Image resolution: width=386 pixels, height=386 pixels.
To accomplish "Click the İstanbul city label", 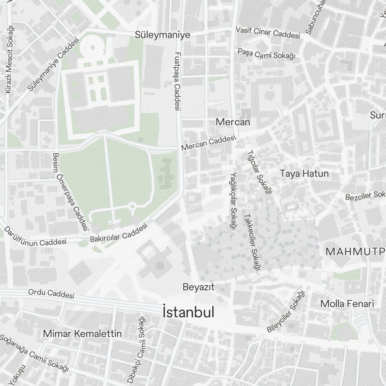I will pos(188,313).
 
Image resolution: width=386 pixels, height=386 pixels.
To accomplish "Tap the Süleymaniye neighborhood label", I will pos(163,35).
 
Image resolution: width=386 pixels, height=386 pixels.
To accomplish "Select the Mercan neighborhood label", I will pos(233,122).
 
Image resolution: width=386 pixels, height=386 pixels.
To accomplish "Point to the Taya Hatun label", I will pos(305,174).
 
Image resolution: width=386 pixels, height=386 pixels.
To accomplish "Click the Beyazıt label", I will pos(198,287).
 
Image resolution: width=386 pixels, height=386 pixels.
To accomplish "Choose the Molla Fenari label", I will pos(347,304).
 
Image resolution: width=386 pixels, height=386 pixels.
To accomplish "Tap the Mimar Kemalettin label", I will pos(83,334).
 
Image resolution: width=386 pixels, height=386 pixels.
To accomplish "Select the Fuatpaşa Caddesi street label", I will pos(178,82).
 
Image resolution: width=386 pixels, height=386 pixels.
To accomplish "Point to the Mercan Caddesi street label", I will pos(208,143).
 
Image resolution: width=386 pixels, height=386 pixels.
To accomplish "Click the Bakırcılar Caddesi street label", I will pos(119,234).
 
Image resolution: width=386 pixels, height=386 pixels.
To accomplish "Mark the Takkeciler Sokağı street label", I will pos(251,242).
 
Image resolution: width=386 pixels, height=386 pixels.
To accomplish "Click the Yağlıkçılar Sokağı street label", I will pos(232,200).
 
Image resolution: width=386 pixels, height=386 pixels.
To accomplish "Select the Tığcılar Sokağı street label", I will pos(259,172).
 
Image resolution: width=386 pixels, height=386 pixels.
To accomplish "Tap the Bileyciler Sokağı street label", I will pos(286,312).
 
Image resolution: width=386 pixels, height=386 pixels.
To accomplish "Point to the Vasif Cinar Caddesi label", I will pos(268,33).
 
